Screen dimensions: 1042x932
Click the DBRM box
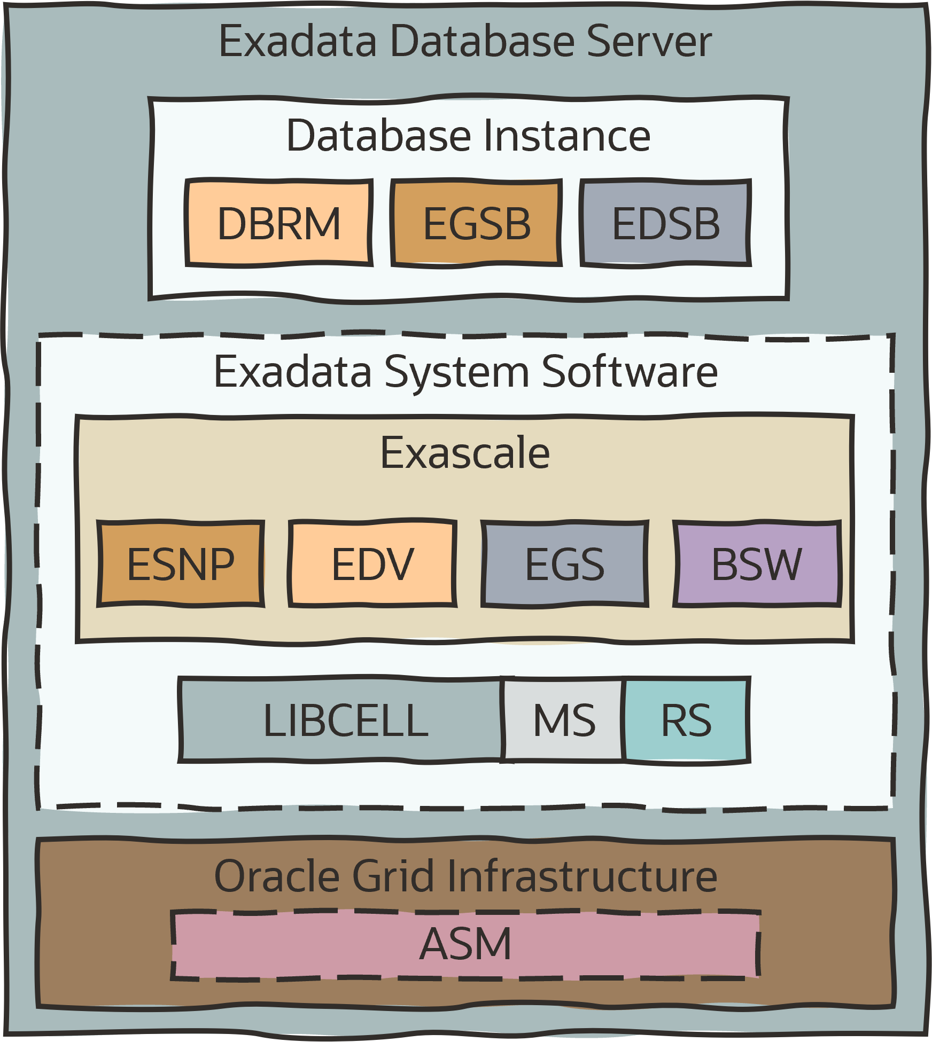[x=278, y=223]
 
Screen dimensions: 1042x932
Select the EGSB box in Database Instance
[x=476, y=223]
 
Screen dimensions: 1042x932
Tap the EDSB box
[x=665, y=223]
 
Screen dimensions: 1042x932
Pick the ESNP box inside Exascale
[x=181, y=564]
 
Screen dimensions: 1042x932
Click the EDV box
[x=372, y=564]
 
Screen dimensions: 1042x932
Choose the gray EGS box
[x=564, y=564]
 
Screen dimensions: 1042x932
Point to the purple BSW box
[x=757, y=564]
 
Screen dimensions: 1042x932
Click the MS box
[x=564, y=720]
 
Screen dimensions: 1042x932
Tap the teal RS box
[x=686, y=720]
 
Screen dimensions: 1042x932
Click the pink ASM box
[x=465, y=944]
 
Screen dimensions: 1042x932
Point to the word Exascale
[x=465, y=453]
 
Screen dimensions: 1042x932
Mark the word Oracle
[x=277, y=876]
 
